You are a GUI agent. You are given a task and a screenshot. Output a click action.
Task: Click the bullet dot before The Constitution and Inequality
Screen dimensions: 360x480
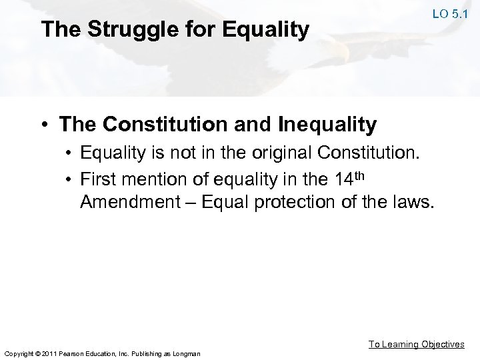(45, 125)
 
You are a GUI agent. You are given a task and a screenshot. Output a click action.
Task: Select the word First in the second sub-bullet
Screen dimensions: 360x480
(99, 179)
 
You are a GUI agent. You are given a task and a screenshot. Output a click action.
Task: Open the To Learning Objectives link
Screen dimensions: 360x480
(417, 344)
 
